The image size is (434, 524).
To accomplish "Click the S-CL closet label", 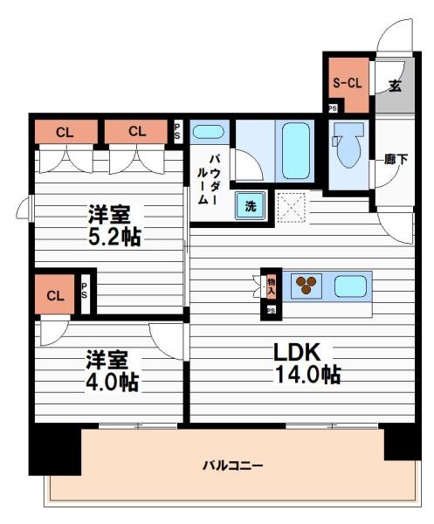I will pyautogui.click(x=347, y=85).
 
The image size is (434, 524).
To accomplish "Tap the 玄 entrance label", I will pyautogui.click(x=395, y=86).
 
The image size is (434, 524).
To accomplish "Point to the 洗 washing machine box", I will pyautogui.click(x=251, y=206).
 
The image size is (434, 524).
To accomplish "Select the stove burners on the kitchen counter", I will pyautogui.click(x=307, y=285).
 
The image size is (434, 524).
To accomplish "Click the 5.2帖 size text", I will pyautogui.click(x=114, y=236).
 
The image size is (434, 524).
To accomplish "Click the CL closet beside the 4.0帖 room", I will pyautogui.click(x=56, y=295).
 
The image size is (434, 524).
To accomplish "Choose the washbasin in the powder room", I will pyautogui.click(x=208, y=133).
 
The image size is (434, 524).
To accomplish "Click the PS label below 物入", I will pyautogui.click(x=271, y=310).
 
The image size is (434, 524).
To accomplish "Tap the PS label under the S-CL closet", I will pyautogui.click(x=332, y=108).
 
